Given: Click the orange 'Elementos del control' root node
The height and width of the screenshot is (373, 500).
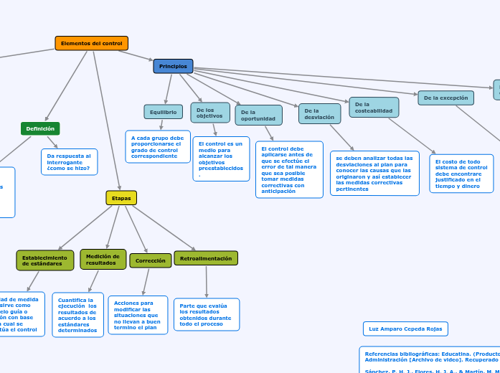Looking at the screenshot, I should pyautogui.click(x=91, y=44).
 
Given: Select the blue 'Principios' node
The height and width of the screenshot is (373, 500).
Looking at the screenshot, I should pyautogui.click(x=173, y=66).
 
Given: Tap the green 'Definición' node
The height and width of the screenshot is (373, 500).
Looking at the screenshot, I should pyautogui.click(x=40, y=128).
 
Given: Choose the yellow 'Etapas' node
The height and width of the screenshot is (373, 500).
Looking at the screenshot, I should pyautogui.click(x=121, y=198).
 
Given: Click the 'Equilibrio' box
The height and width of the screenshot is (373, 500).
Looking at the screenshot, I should pyautogui.click(x=163, y=112).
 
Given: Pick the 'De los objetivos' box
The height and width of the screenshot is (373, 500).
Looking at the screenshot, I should pyautogui.click(x=210, y=113).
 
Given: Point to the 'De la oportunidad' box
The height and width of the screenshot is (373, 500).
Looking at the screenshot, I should pyautogui.click(x=258, y=115).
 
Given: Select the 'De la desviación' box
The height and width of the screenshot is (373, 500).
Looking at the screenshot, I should pyautogui.click(x=319, y=113).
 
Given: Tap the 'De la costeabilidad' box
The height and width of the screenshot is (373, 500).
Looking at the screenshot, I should pyautogui.click(x=374, y=108).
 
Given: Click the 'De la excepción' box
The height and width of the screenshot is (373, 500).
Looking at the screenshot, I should pyautogui.click(x=445, y=98).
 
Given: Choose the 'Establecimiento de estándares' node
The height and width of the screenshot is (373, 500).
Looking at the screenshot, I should pyautogui.click(x=44, y=260).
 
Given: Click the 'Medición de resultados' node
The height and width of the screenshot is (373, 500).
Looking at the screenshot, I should pyautogui.click(x=103, y=259).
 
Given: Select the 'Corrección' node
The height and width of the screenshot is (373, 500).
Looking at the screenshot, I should pyautogui.click(x=150, y=260).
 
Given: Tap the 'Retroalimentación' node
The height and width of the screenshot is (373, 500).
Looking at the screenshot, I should pyautogui.click(x=206, y=258).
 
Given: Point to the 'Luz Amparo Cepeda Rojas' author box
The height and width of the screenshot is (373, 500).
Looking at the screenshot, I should pyautogui.click(x=405, y=329).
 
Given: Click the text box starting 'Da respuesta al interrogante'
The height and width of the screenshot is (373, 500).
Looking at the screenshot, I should pyautogui.click(x=69, y=162).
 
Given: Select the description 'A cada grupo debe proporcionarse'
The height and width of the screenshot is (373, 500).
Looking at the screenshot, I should pyautogui.click(x=158, y=146).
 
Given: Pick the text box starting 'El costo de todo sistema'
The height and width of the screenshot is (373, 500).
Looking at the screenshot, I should pyautogui.click(x=461, y=174).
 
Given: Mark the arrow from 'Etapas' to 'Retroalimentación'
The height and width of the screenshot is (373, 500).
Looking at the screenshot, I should pyautogui.click(x=164, y=227).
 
